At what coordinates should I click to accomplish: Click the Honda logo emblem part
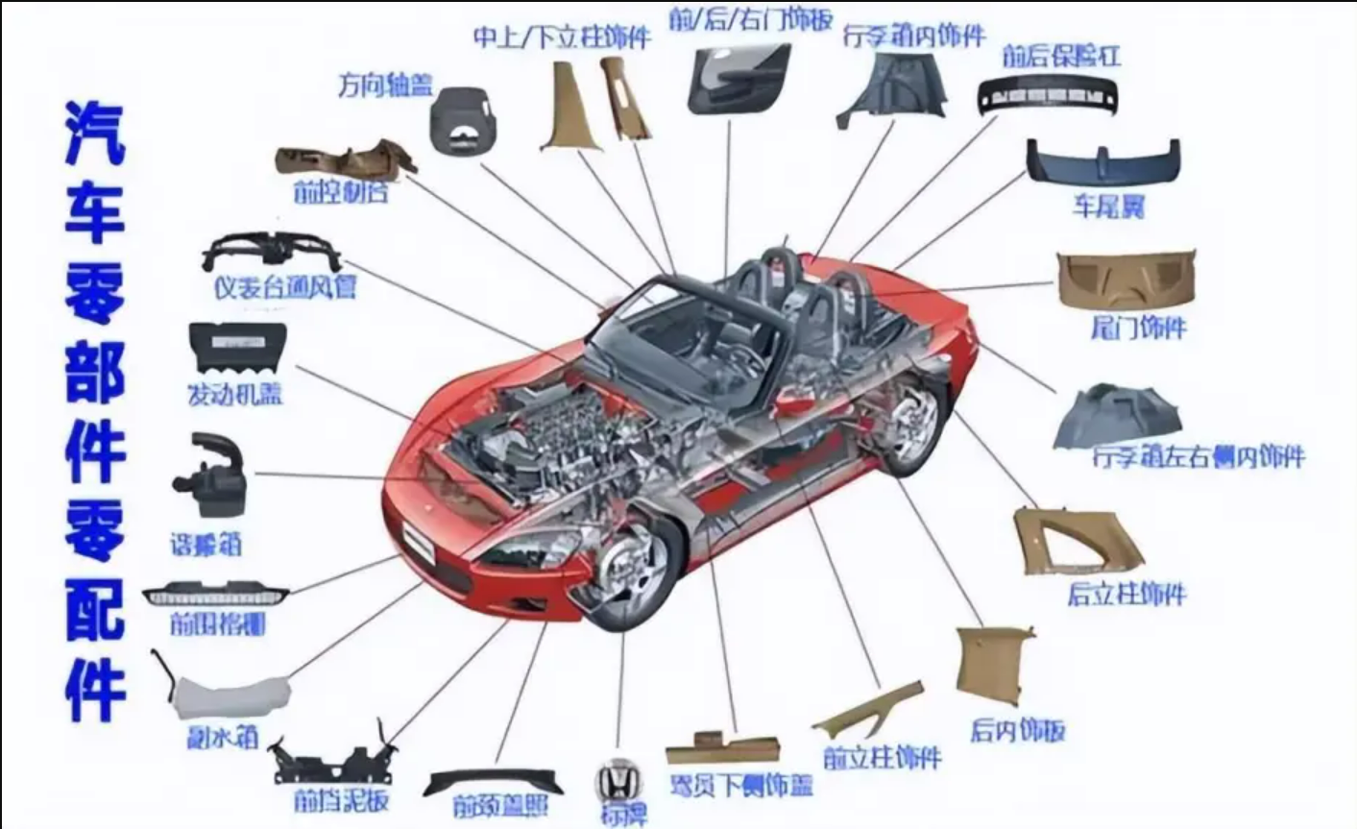click(618, 779)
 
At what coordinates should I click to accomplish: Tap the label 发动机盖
click(234, 394)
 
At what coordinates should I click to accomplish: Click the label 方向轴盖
click(385, 85)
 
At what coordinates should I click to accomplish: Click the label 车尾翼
click(1108, 206)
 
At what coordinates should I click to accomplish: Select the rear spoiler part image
click(1103, 160)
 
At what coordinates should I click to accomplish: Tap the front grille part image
click(215, 594)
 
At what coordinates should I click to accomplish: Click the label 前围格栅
click(217, 624)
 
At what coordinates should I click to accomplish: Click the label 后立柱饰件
click(1127, 594)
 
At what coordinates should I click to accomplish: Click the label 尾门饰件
click(1138, 328)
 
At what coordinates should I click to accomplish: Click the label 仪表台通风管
click(284, 286)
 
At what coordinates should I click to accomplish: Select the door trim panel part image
click(739, 77)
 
